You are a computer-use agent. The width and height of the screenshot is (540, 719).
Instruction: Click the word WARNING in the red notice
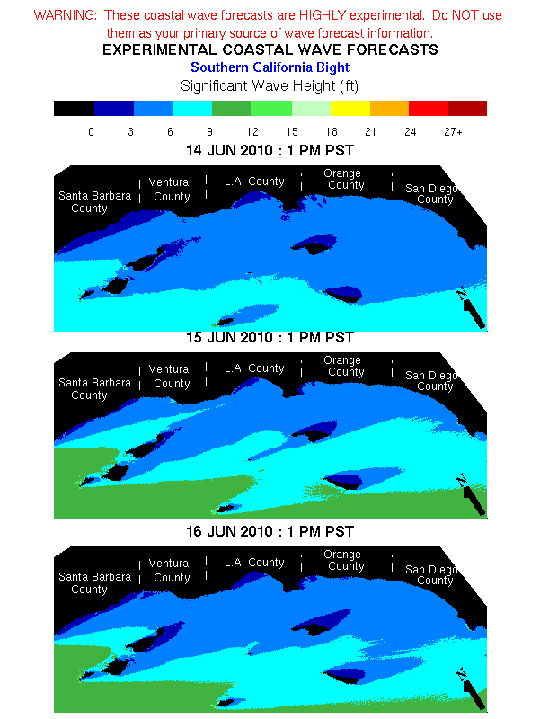pos(64,16)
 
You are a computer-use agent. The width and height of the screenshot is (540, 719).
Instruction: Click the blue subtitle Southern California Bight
pos(270,67)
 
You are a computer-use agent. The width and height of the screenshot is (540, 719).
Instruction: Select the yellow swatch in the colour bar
pos(350,109)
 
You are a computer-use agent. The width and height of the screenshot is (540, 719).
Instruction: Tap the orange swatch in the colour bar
pos(389,109)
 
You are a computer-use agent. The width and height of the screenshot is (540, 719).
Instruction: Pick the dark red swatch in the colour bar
pos(467,109)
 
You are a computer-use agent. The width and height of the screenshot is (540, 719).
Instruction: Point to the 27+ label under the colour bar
pos(453,132)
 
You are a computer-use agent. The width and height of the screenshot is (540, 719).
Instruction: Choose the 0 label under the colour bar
pos(91,132)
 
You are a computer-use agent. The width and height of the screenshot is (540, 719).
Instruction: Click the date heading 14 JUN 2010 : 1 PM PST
pos(270,150)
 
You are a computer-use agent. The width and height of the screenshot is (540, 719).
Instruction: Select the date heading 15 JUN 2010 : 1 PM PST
pos(270,338)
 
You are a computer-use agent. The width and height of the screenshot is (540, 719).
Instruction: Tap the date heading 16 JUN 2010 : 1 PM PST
pos(270,532)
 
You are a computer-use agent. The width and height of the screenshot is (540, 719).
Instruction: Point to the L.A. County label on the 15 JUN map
pos(254,368)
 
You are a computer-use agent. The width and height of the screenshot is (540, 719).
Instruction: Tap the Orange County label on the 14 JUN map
pos(346,180)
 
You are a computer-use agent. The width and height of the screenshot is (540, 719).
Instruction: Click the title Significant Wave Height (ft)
pos(270,86)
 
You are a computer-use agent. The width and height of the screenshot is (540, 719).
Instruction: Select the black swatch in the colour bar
pos(74,109)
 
